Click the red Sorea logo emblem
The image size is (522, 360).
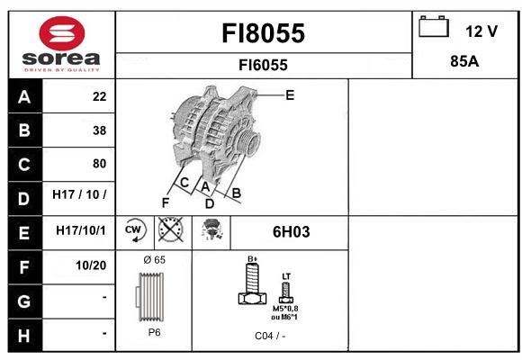(x=62, y=33)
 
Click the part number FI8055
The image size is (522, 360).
(x=263, y=33)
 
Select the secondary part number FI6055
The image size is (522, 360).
(x=263, y=65)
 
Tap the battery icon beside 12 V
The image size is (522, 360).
(x=434, y=26)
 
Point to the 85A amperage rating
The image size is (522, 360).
(x=464, y=61)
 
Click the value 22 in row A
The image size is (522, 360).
(x=100, y=96)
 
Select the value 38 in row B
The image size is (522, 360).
(x=100, y=130)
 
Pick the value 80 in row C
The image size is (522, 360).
(x=100, y=164)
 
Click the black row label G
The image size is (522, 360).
(x=25, y=301)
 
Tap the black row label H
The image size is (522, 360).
(x=25, y=336)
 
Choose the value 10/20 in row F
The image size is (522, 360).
(x=91, y=265)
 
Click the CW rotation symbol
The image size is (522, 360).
(x=135, y=229)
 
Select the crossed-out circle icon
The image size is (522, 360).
(x=171, y=229)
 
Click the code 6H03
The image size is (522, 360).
(x=291, y=232)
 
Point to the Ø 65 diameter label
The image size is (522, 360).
(x=154, y=260)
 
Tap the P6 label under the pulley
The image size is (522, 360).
(x=154, y=332)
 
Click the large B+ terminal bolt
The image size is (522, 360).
(x=253, y=283)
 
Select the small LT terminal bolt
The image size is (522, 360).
(x=286, y=292)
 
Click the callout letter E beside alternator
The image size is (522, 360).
(x=290, y=95)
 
